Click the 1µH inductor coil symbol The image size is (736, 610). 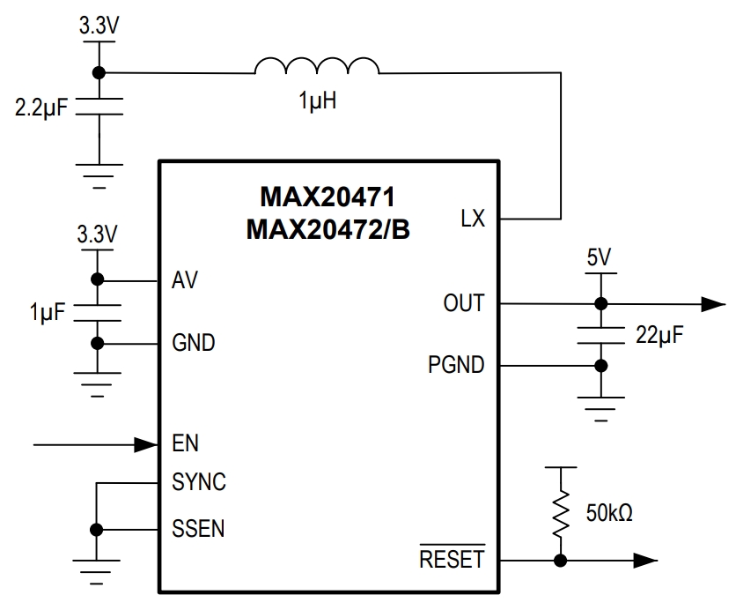(x=316, y=67)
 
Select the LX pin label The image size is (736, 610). (x=473, y=219)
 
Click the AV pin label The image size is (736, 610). (x=185, y=281)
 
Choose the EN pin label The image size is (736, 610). (x=185, y=444)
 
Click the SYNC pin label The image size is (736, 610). (x=199, y=483)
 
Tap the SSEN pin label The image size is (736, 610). (x=198, y=530)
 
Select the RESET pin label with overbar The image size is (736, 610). (x=452, y=559)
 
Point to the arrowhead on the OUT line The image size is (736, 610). (x=714, y=304)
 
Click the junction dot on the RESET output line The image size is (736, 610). (x=559, y=561)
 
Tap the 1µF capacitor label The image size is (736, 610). (x=46, y=312)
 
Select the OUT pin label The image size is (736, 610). (x=463, y=303)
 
